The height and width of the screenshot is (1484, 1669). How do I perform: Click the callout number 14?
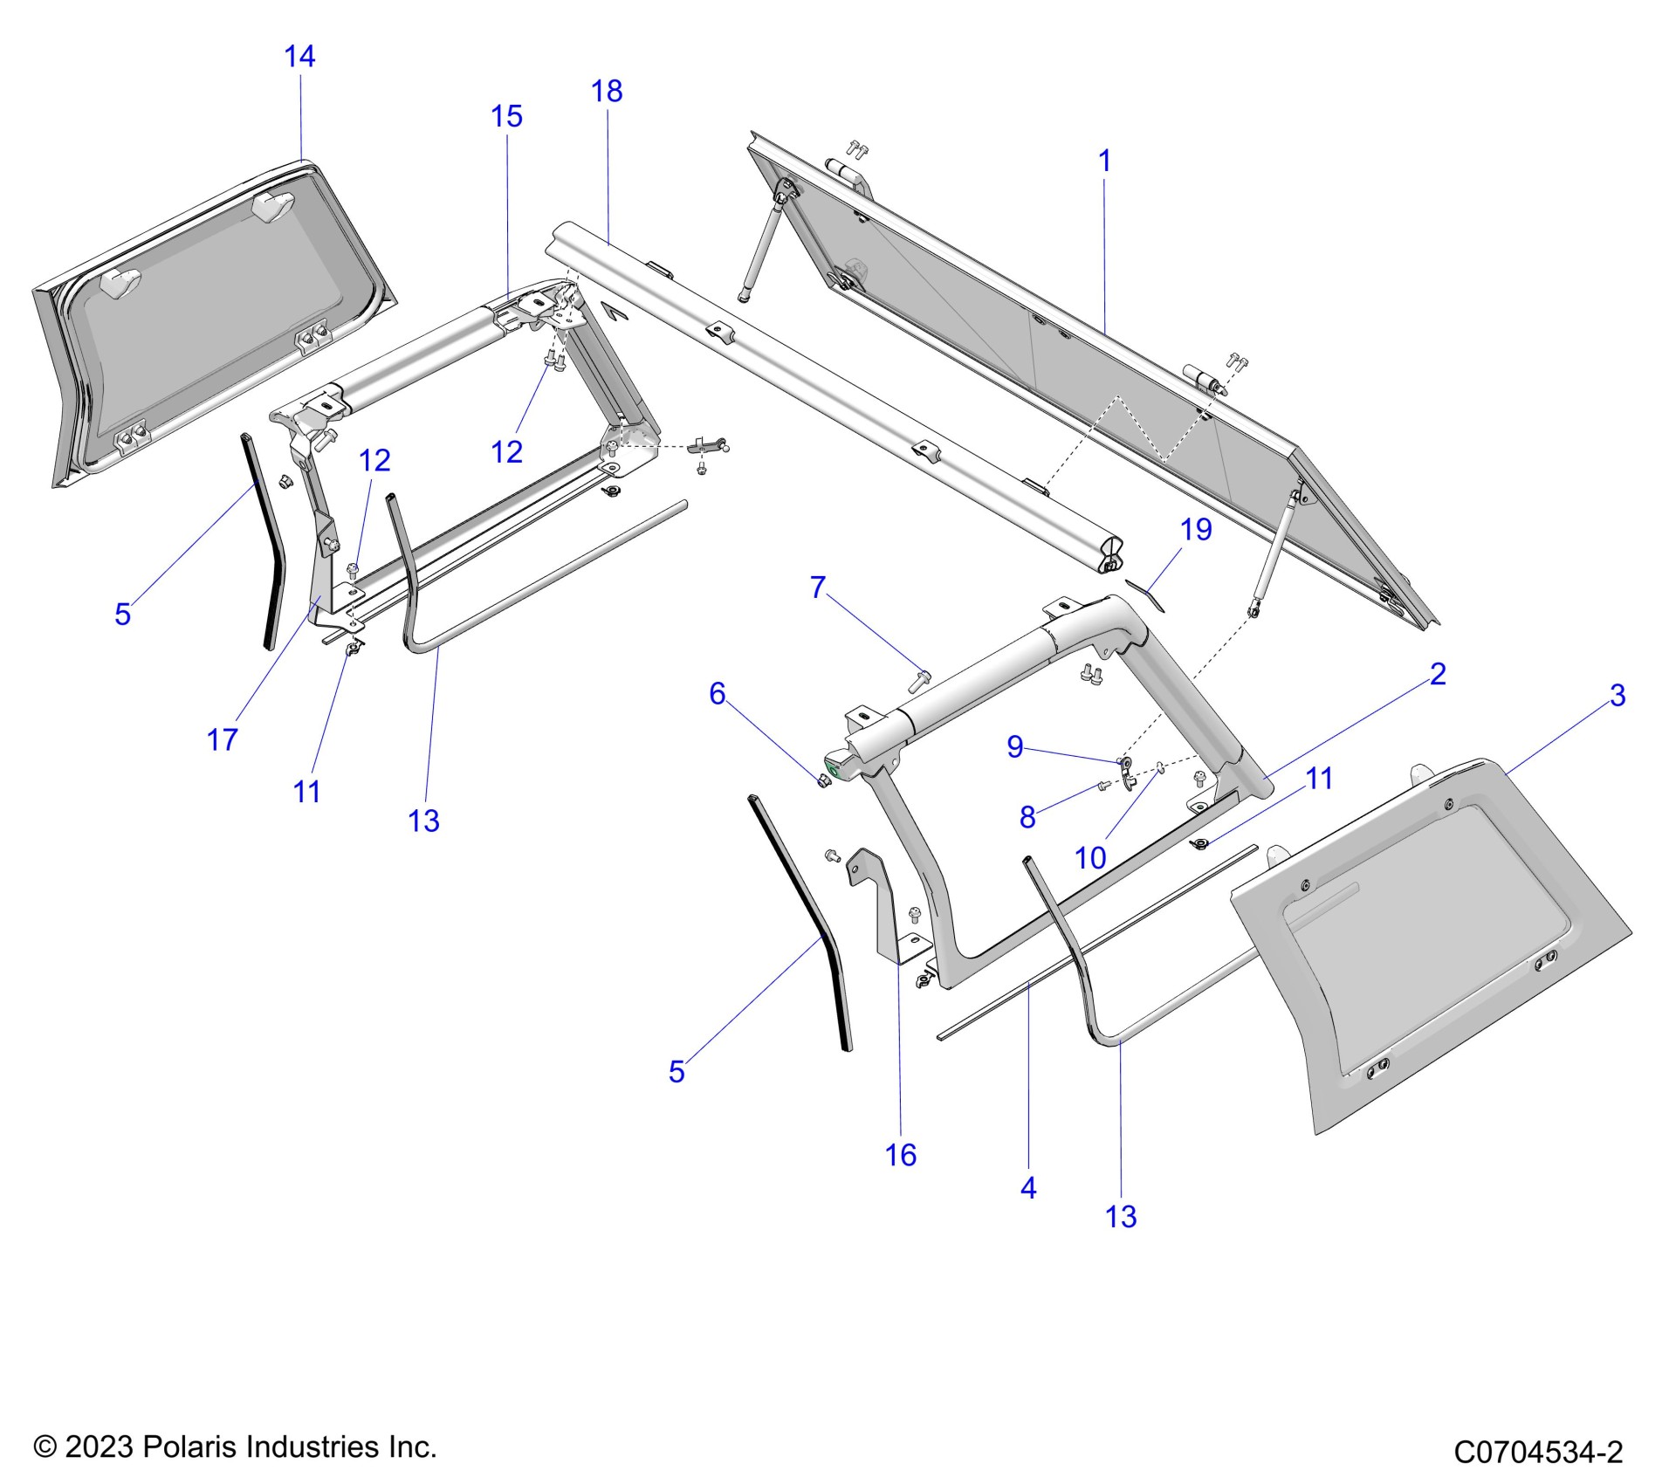299,57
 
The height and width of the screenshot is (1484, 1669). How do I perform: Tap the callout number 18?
607,92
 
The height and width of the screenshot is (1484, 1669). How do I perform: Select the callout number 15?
506,116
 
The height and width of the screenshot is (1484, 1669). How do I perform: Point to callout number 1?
1104,161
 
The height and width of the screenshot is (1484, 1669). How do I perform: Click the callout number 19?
1196,529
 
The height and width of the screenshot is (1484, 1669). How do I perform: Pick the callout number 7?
817,587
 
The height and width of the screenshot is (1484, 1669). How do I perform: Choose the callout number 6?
717,693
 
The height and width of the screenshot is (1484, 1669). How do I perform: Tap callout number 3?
1617,696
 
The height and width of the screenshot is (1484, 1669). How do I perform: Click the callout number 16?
900,1155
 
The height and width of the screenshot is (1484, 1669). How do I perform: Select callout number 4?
1028,1188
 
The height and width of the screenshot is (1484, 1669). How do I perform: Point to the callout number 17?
222,740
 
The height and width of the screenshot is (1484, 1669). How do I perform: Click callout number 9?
1014,746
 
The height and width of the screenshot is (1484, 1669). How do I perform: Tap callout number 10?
1090,858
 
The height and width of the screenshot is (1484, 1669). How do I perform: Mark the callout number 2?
1438,674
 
